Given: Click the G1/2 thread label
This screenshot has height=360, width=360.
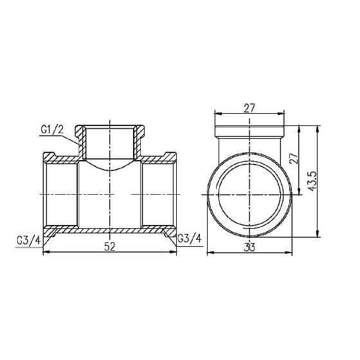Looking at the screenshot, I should point(52,131).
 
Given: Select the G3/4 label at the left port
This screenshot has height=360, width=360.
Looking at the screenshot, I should point(28,241).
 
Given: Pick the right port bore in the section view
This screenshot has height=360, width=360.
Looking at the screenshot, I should point(158,194).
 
